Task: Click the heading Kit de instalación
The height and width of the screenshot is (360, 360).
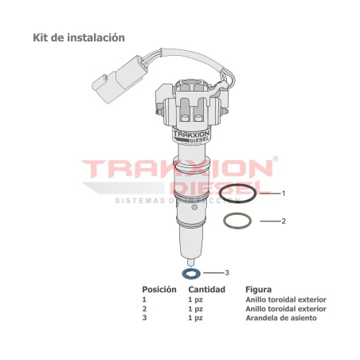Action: pos(78,37)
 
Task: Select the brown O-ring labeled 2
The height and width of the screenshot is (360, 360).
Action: pos(238,220)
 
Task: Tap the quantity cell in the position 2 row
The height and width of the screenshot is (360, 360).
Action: pos(195,308)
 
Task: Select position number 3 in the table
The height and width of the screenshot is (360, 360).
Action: pos(144,318)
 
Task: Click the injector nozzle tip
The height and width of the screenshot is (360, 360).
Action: pos(190,260)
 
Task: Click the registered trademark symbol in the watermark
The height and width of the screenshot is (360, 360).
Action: pos(276,159)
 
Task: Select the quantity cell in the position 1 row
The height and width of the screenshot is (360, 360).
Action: pos(195,299)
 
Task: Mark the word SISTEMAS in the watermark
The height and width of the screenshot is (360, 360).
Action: pos(139,201)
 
